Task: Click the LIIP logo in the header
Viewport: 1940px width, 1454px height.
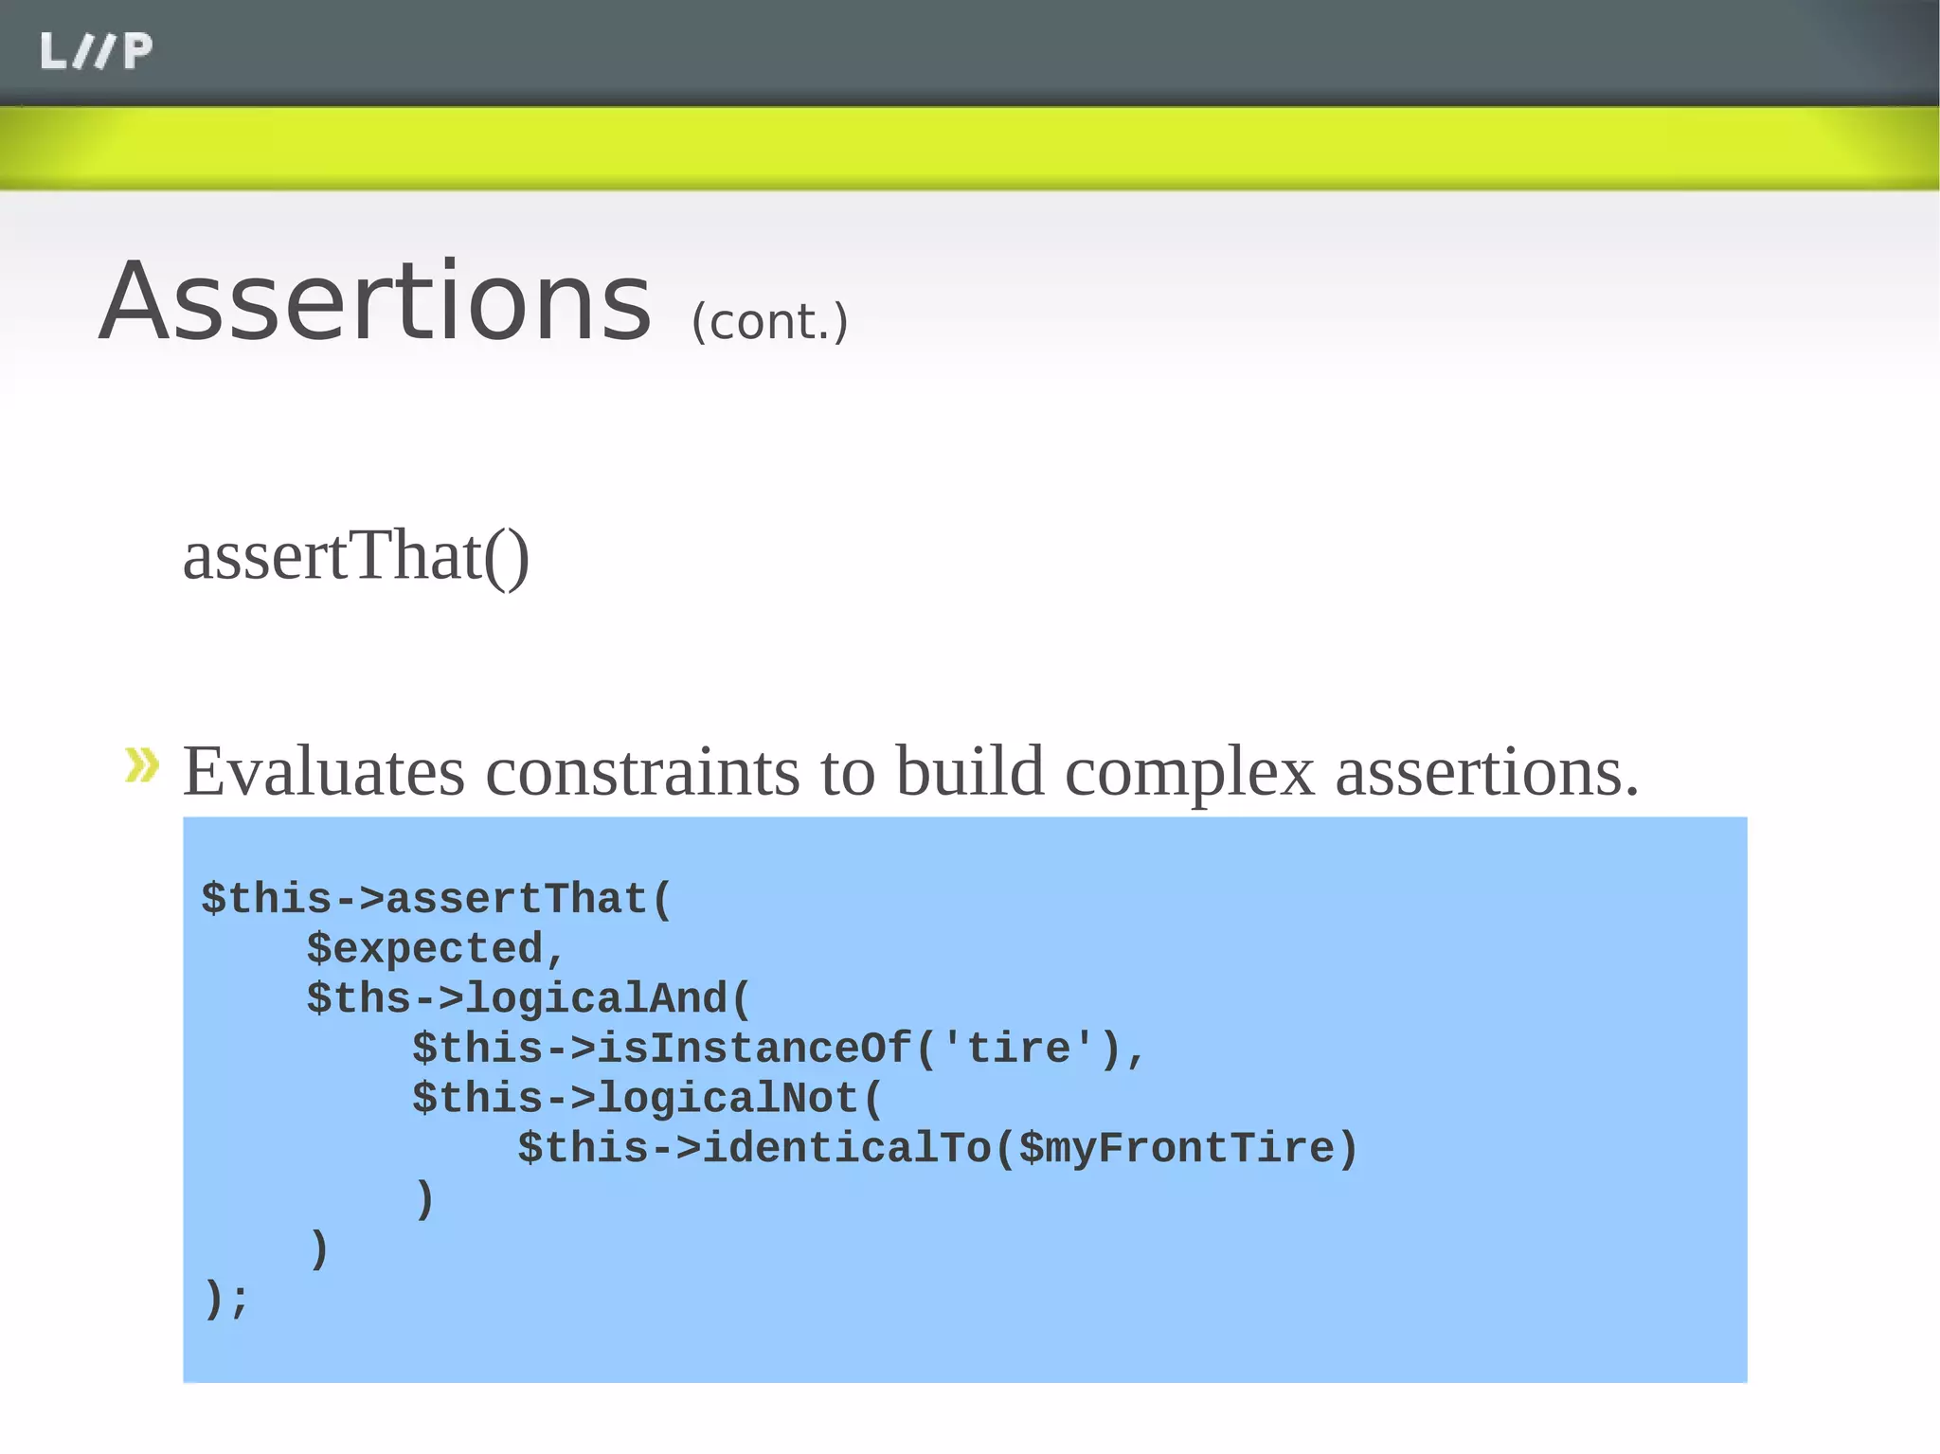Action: coord(96,51)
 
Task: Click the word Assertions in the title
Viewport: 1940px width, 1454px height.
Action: coord(375,303)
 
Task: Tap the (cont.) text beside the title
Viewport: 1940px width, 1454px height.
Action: coord(769,322)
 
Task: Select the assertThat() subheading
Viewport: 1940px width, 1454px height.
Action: coord(355,556)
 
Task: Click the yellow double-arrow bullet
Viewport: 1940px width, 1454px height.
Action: coord(142,764)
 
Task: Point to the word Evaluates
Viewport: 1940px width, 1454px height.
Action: coord(323,772)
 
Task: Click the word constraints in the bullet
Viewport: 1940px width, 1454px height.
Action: coord(642,772)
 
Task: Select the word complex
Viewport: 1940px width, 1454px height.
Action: coord(1190,772)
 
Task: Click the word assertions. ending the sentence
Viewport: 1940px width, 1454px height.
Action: coord(1486,772)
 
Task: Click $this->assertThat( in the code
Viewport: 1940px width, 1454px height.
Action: coord(436,898)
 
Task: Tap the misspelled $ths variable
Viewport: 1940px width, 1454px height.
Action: coord(359,999)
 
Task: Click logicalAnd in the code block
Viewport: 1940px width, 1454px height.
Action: coord(597,999)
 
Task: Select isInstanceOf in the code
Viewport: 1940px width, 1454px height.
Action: coord(755,1049)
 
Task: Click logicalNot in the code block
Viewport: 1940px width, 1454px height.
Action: coord(727,1099)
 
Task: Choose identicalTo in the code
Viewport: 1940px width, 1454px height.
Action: coord(847,1149)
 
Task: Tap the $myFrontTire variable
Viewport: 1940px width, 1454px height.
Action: coord(1176,1149)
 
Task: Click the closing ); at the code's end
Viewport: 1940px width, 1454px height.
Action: coord(225,1298)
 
